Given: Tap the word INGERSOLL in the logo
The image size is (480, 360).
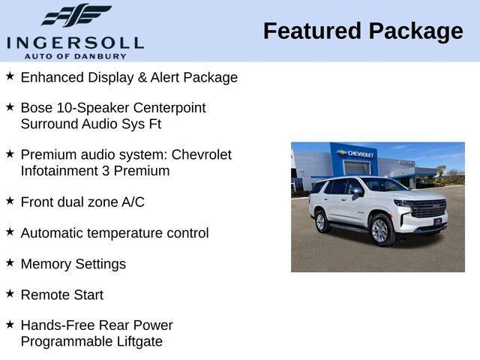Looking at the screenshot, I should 75,42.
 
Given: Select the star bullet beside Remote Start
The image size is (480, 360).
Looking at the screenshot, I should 10,293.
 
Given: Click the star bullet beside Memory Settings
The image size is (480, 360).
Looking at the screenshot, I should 10,262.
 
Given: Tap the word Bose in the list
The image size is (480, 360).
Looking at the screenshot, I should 37,108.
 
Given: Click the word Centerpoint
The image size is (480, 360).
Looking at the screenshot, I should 166,108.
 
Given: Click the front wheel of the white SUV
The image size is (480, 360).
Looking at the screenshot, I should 380,230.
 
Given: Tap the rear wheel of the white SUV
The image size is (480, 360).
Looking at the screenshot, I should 321,222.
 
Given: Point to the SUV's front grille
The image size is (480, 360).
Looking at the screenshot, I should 428,208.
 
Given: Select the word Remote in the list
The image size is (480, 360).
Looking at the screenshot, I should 42,295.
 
